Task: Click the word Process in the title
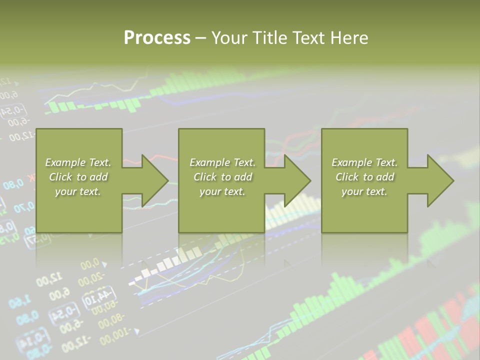pos(157,38)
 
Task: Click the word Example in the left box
pos(65,162)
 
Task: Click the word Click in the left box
pos(60,177)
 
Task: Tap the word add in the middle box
pos(243,177)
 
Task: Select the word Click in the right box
pos(347,177)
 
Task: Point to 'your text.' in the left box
pos(78,191)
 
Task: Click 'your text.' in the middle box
pos(222,191)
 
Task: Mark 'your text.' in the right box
pos(364,191)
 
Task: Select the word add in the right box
pos(385,177)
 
